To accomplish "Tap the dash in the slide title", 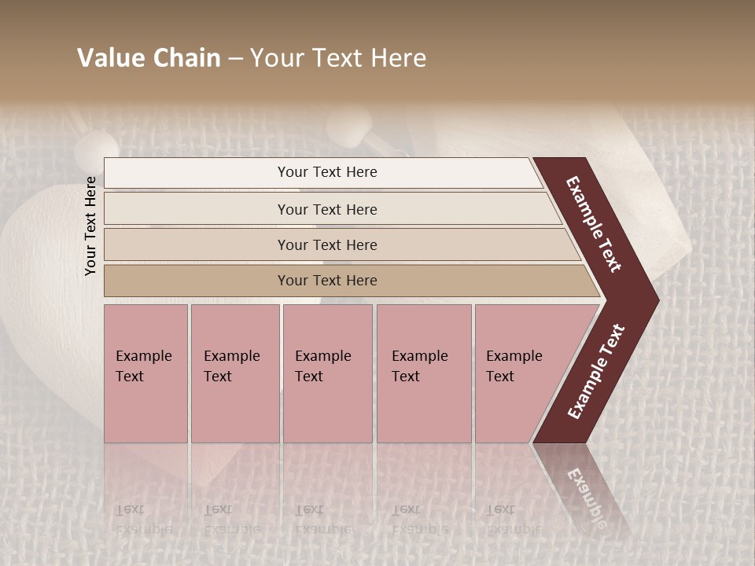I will pyautogui.click(x=235, y=59).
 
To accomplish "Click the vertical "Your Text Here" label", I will pyautogui.click(x=90, y=226).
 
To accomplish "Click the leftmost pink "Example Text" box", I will pyautogui.click(x=145, y=373).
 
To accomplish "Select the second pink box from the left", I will pyautogui.click(x=234, y=373).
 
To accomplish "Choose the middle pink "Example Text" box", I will pyautogui.click(x=327, y=373).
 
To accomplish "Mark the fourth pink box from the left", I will pyautogui.click(x=424, y=373).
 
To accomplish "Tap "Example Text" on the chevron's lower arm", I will pyautogui.click(x=596, y=372).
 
